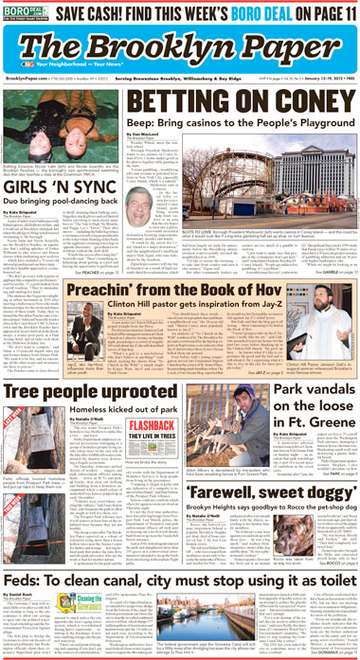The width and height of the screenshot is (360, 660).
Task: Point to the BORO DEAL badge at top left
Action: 24,13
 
